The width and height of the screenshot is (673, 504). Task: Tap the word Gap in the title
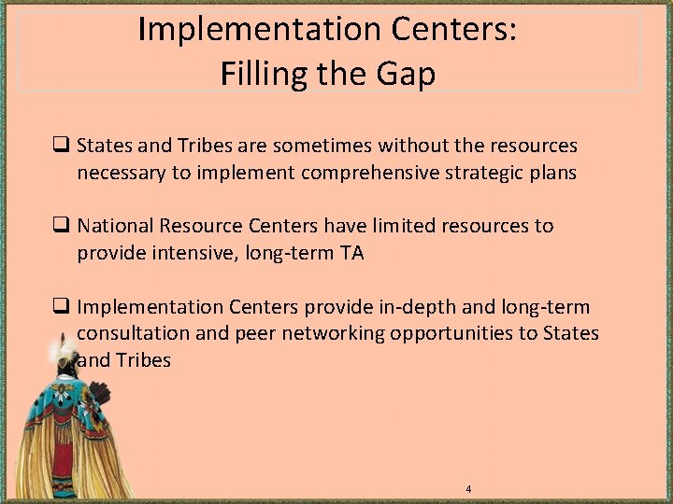click(x=405, y=73)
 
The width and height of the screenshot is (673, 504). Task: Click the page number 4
click(x=468, y=489)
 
